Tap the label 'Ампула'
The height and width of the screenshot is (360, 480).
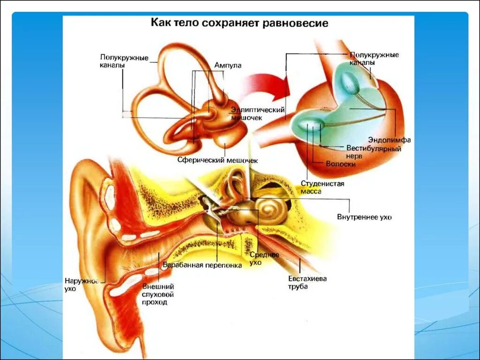pos(228,66)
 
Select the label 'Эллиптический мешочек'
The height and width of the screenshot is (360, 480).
pos(258,113)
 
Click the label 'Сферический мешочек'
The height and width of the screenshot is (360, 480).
pos(217,160)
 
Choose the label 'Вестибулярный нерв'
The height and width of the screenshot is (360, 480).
pos(374,152)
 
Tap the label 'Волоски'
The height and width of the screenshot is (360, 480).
pos(340,164)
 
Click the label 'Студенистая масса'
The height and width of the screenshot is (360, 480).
pos(322,187)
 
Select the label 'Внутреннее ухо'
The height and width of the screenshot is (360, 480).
pos(364,217)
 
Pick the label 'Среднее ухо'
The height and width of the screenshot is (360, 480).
pos(264,258)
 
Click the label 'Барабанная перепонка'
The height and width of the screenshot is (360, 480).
pos(202,265)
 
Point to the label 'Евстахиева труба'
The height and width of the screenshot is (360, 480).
pos(307,282)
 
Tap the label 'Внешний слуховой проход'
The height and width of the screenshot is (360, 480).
pos(158,294)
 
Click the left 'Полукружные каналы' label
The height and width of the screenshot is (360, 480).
pos(124,61)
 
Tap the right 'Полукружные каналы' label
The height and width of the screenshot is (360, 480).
pos(374,59)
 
